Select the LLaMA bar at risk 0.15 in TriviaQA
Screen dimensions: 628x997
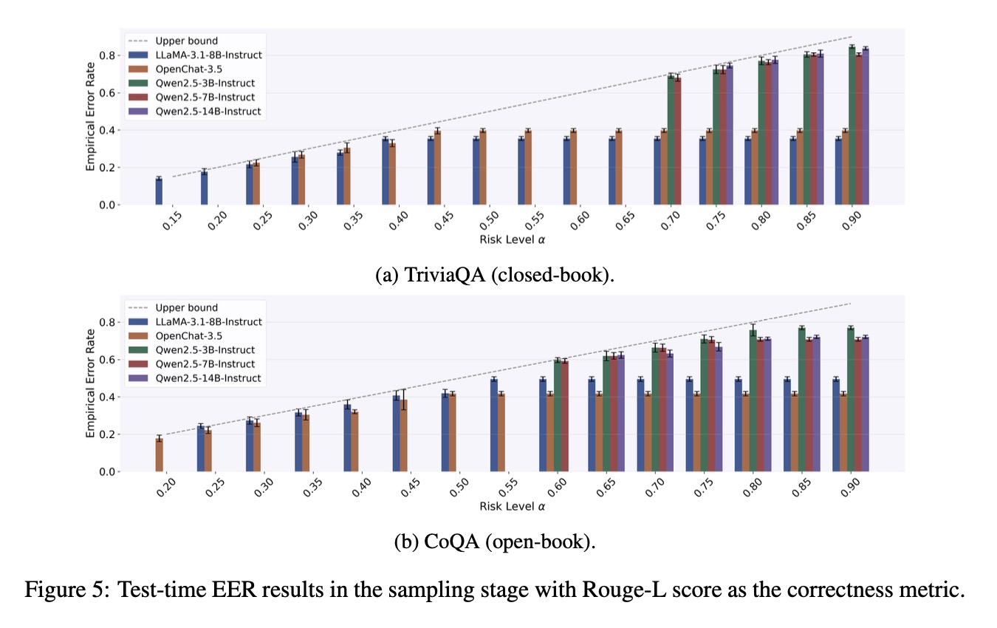coord(159,191)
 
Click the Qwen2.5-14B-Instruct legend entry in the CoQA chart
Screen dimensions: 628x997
coord(208,378)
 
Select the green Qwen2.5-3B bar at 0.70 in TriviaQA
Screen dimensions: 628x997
coord(671,140)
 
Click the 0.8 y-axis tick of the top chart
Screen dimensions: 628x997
coord(109,55)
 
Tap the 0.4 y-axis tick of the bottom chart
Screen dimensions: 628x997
coord(109,397)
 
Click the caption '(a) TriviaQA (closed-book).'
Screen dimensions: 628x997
coord(495,276)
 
